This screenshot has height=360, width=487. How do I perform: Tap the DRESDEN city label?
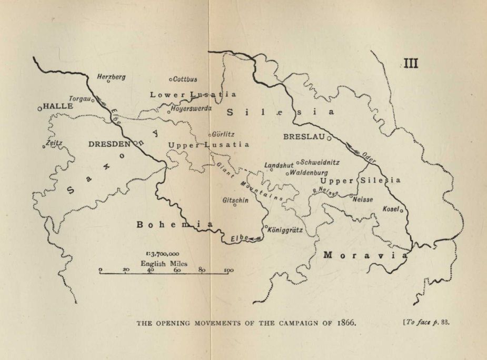coord(109,144)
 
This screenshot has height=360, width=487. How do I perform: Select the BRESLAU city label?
coord(303,136)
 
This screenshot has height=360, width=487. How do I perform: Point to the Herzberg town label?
coord(112,77)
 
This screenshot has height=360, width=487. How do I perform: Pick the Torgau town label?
coord(81,98)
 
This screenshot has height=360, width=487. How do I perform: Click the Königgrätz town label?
coord(285,230)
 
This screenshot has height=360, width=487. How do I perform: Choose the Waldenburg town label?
coord(309,172)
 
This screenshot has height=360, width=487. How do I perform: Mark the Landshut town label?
coord(279,165)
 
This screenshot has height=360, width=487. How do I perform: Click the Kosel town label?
coord(390,209)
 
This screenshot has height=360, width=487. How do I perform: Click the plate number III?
coord(411,64)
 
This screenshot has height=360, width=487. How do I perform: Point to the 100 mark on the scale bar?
coord(229,271)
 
